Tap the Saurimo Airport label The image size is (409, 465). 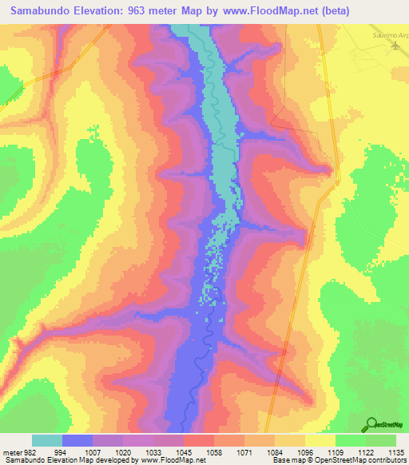pyautogui.click(x=388, y=36)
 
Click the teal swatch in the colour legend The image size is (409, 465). pyautogui.click(x=47, y=440)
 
